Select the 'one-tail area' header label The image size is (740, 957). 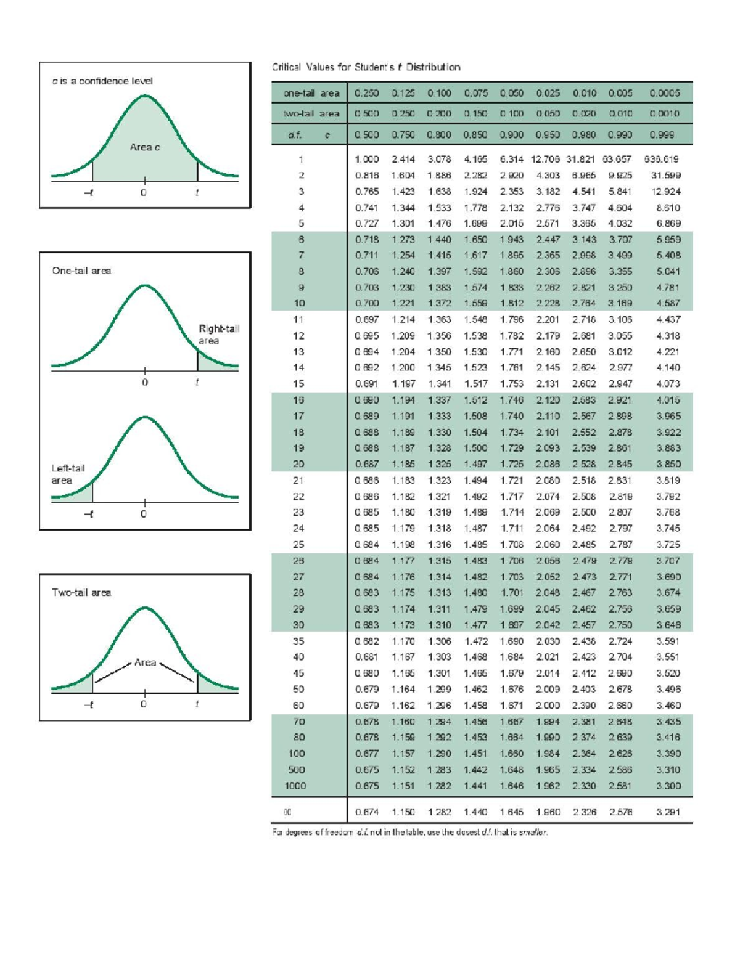coord(311,93)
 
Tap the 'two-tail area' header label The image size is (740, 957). coord(311,113)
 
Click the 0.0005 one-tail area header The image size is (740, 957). coord(664,93)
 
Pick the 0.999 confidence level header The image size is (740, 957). coord(662,134)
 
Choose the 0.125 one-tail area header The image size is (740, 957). coord(403,93)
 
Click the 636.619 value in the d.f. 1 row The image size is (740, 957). coord(661,159)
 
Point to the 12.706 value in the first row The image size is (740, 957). coord(545,159)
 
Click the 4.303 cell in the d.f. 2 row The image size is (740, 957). coord(548,175)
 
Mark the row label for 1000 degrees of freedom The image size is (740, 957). coord(295,786)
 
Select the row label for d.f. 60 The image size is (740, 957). coord(298,705)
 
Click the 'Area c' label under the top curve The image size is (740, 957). coord(145,147)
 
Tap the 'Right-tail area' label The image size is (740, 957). coord(218,335)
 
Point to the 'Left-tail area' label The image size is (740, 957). coord(68,474)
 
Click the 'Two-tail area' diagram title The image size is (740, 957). coord(81,592)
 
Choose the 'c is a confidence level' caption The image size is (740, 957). coord(102,81)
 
